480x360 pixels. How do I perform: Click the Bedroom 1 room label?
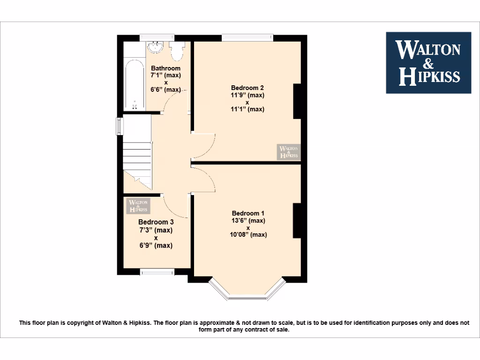coord(248,213)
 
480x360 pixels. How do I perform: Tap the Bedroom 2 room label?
coord(247,88)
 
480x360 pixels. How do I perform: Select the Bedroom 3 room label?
coord(156,222)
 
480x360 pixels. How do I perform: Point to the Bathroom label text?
coord(165,68)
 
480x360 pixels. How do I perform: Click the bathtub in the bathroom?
coord(135,83)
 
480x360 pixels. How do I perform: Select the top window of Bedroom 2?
coord(247,37)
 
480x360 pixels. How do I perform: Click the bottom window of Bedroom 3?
coord(157,271)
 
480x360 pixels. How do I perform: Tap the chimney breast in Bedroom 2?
coord(297,101)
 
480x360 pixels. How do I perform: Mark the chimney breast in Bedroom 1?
coord(297,220)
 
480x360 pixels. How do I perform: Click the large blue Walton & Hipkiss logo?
coord(428,63)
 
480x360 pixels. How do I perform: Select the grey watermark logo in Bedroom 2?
coord(288,152)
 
